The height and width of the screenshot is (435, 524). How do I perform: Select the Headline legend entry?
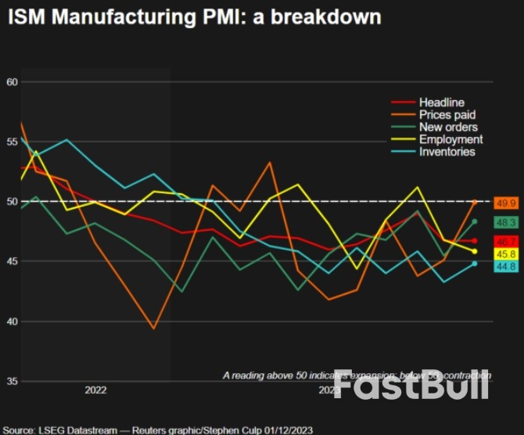click(441, 102)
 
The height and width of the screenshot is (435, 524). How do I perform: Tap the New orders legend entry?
click(448, 127)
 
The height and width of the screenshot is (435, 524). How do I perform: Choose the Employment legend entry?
click(450, 139)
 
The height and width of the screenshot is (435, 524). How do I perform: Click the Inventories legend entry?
click(447, 151)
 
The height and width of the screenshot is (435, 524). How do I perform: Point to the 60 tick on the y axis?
click(11, 81)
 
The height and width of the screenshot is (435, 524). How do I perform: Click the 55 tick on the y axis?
click(11, 142)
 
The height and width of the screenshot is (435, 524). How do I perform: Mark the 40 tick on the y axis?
click(11, 322)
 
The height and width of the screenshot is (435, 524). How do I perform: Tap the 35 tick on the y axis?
click(11, 381)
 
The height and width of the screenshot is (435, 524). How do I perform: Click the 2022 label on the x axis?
click(95, 389)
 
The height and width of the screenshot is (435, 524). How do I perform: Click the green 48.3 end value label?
click(503, 223)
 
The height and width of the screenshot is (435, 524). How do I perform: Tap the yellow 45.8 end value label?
click(503, 254)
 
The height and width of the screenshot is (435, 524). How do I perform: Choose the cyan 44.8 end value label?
click(503, 267)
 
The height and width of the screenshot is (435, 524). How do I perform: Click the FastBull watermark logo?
click(411, 384)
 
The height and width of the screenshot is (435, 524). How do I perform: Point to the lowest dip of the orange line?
click(153, 329)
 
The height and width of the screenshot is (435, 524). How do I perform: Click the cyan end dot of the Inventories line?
click(474, 263)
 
